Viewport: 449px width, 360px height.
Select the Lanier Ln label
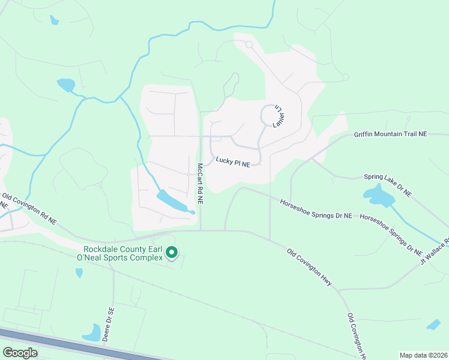pos(278,116)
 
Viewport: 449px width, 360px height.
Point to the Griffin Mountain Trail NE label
pos(390,134)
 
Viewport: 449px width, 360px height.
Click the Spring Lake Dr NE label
pos(388,185)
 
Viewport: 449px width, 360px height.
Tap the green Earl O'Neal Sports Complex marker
pos(171,253)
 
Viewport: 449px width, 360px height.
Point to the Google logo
pos(20,353)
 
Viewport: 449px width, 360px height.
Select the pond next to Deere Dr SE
pos(92,333)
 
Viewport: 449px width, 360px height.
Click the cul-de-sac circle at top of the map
pos(249,44)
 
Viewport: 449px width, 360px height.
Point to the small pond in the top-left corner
pos(55,21)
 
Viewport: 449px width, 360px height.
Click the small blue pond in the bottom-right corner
pos(433,325)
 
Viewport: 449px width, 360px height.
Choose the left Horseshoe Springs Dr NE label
pos(316,209)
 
